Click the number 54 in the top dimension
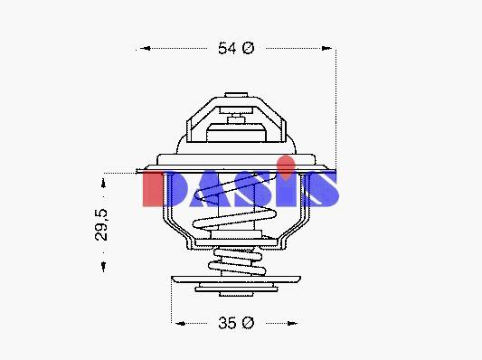(227, 48)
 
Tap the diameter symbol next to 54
(248, 48)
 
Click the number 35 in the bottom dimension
(227, 323)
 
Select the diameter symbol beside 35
(248, 323)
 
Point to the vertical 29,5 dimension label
(101, 224)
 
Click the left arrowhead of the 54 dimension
(145, 48)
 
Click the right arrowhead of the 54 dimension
(326, 48)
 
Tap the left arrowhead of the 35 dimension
(180, 323)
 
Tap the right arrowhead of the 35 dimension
(292, 323)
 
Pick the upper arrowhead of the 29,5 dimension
(104, 183)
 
